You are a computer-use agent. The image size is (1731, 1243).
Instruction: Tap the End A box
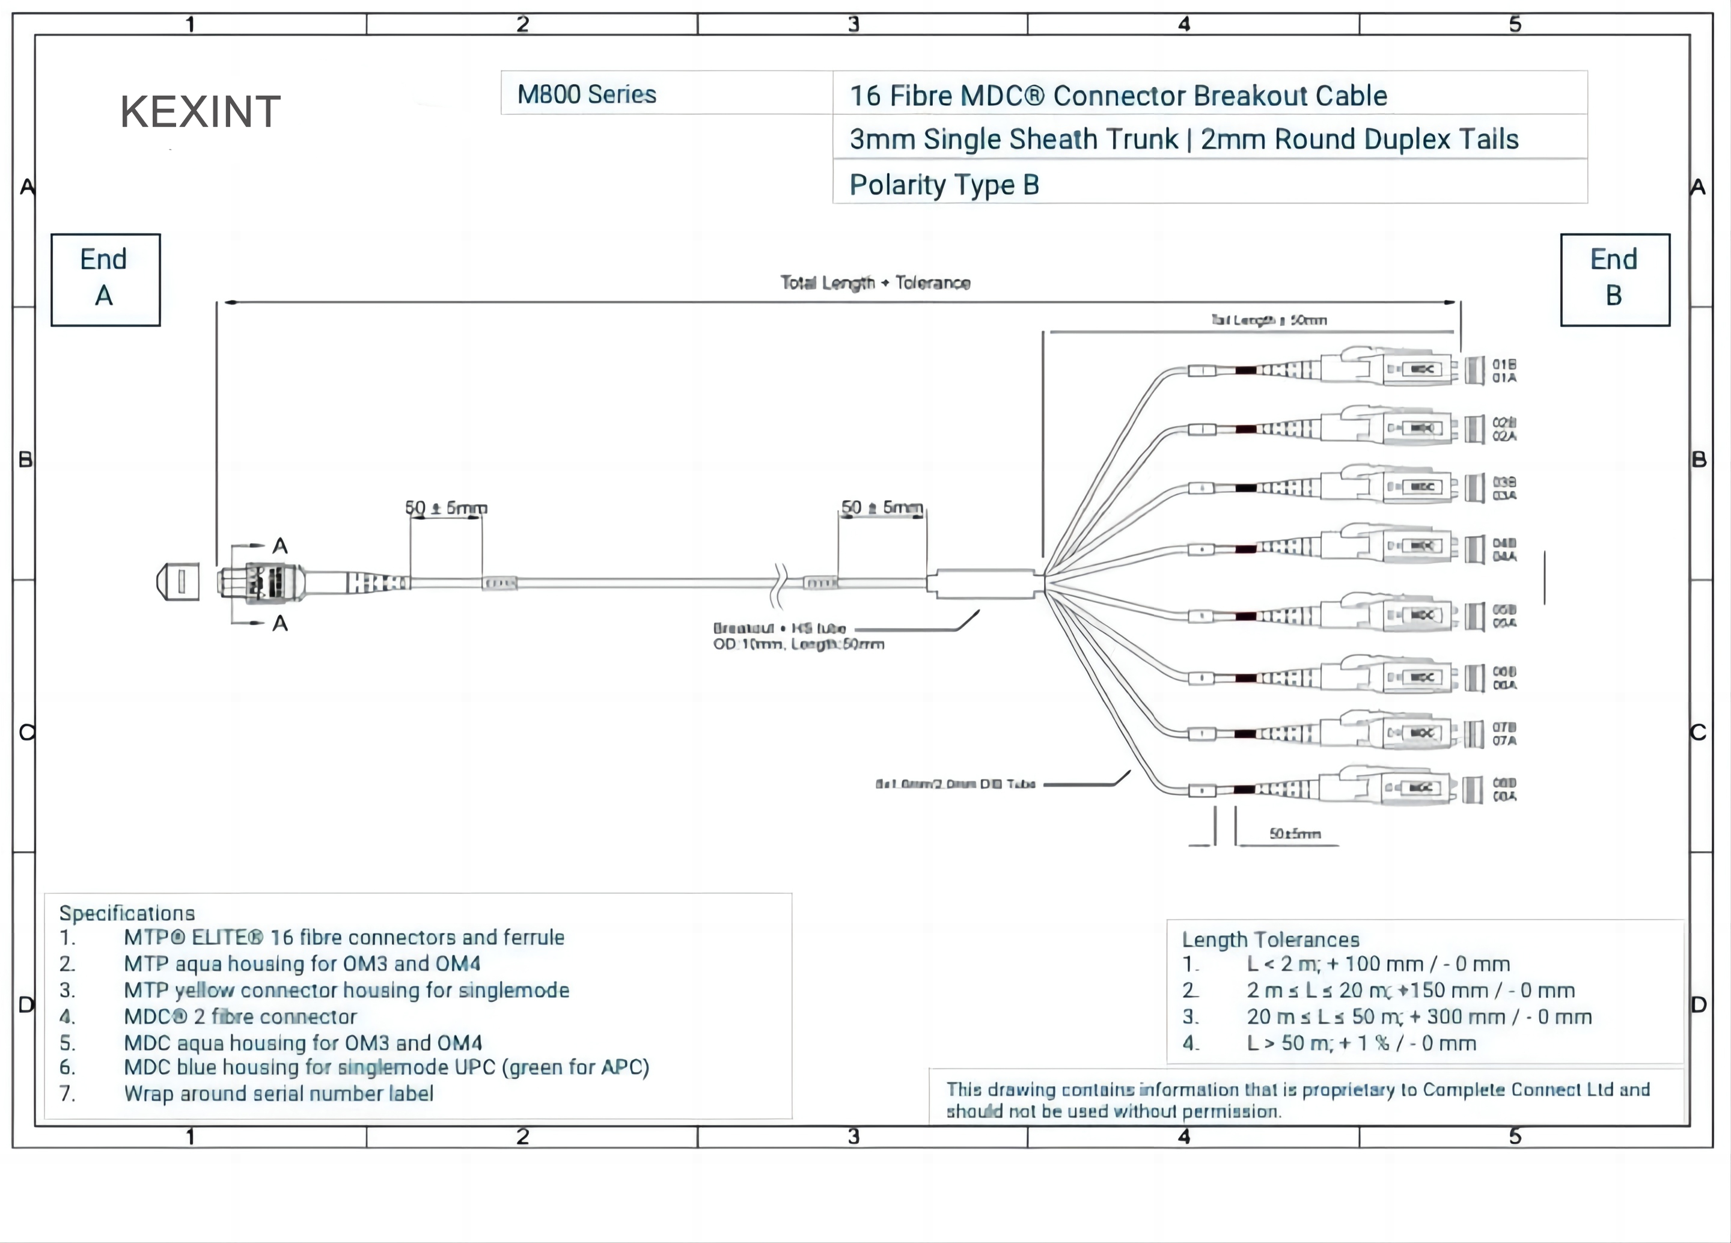(x=105, y=279)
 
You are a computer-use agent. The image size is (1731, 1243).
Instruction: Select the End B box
(x=1614, y=279)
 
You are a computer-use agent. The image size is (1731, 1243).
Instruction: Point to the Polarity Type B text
(x=944, y=185)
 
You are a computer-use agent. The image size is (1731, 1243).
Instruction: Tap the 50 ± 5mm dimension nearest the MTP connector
(x=446, y=507)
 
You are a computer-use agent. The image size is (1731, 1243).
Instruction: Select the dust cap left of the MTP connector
(x=179, y=582)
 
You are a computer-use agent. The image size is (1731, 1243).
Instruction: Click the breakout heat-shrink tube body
(x=984, y=584)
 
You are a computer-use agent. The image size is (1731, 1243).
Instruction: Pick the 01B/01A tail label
(x=1504, y=371)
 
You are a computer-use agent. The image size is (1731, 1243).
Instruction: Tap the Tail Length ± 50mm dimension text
(x=1268, y=320)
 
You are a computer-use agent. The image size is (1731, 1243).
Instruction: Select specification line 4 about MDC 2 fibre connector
(x=240, y=1016)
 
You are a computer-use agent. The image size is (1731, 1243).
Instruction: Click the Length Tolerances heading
(x=1270, y=939)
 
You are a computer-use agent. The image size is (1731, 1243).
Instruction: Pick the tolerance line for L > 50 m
(x=1360, y=1043)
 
